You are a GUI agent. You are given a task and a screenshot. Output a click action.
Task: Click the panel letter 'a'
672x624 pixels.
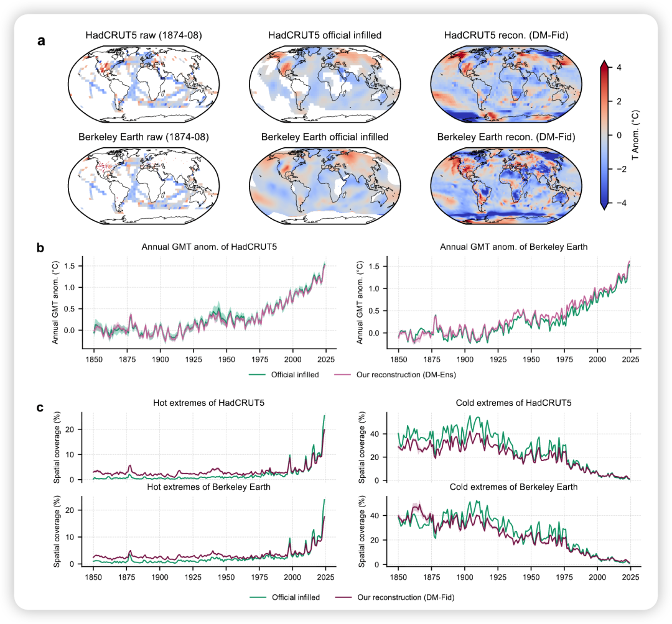[x=42, y=42]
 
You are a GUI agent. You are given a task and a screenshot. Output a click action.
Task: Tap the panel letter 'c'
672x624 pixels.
[x=40, y=408]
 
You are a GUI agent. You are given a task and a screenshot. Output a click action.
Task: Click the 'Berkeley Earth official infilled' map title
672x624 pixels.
[x=325, y=137]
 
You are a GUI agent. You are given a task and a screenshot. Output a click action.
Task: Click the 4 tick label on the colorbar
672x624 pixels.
[x=618, y=67]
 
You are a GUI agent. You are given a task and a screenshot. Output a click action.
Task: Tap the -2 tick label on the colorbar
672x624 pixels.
[x=617, y=169]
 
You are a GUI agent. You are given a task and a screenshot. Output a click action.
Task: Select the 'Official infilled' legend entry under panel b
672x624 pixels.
[x=294, y=375]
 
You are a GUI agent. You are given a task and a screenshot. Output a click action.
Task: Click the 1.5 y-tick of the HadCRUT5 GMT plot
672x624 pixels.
[x=72, y=266]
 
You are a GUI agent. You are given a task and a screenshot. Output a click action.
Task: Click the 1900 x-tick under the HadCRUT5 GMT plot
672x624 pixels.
[x=160, y=360]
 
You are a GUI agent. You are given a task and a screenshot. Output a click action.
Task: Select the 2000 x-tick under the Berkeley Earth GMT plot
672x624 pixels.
[x=597, y=360]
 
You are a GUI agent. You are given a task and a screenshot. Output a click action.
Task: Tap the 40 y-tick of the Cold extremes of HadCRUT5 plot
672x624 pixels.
[x=375, y=434]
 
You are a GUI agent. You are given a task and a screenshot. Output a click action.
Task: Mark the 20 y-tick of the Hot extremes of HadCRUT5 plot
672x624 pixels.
[x=72, y=429]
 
